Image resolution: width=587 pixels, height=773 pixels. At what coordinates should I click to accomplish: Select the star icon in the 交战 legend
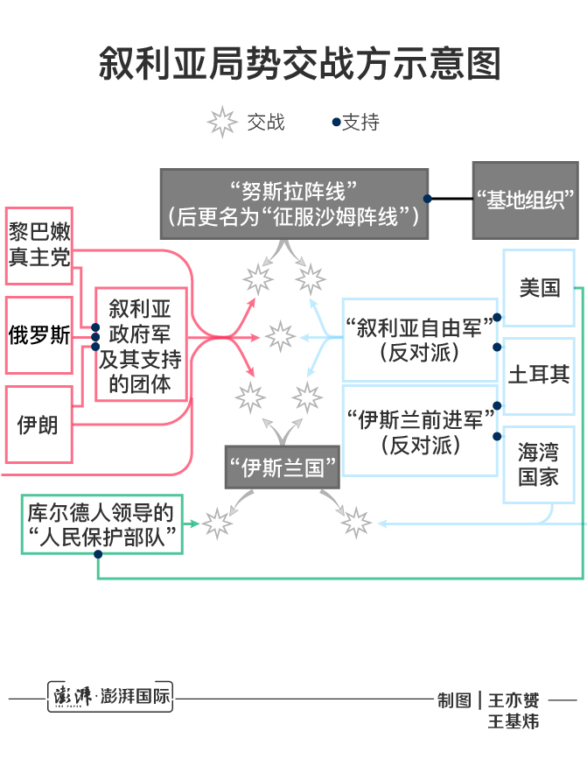click(222, 123)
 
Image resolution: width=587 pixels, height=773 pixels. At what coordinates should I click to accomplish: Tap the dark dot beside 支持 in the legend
click(336, 123)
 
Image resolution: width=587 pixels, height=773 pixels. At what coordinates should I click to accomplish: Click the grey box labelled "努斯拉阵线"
click(294, 203)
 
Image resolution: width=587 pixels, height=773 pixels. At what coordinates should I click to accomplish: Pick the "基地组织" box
click(525, 200)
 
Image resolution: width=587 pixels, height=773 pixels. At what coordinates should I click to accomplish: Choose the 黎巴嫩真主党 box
click(39, 245)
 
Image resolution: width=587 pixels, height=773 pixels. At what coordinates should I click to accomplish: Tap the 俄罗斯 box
click(39, 336)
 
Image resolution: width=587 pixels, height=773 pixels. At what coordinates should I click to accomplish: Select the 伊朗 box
click(39, 425)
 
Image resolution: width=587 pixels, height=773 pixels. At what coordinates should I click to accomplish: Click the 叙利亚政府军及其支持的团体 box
click(140, 344)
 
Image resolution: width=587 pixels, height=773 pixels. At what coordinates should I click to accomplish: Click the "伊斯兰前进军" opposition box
click(420, 430)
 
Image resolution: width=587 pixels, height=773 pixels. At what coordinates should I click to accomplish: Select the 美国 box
click(539, 288)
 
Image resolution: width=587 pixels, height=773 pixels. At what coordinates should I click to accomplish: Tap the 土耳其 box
click(539, 375)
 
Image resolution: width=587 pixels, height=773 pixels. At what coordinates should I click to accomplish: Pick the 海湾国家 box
click(539, 465)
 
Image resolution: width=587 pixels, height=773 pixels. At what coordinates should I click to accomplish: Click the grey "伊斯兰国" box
click(283, 468)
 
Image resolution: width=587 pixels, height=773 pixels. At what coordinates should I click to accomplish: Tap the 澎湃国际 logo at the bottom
click(110, 699)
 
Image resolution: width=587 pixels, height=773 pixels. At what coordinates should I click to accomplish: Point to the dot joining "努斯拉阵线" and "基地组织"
click(429, 200)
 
